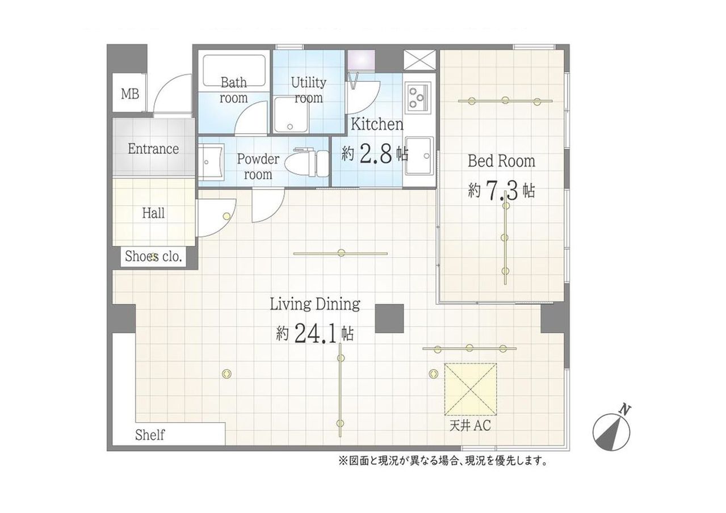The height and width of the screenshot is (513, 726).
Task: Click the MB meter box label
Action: click(130, 94)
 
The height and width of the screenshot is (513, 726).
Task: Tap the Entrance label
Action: click(153, 149)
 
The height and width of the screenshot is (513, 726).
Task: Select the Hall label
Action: click(153, 213)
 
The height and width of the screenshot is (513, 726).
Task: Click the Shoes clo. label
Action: click(153, 256)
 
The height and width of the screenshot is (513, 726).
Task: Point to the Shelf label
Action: click(150, 435)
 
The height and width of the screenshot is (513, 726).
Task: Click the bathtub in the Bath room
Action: click(234, 70)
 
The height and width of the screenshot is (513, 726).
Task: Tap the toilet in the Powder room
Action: click(307, 163)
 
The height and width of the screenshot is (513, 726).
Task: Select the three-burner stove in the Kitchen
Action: click(417, 98)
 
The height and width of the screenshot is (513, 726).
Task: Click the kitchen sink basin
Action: click(419, 157)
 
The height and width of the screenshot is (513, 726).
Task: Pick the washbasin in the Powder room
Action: click(211, 162)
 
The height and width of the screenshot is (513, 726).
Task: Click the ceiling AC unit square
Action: click(470, 389)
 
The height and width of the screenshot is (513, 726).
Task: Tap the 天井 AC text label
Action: click(470, 426)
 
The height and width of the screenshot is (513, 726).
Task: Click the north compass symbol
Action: click(611, 431)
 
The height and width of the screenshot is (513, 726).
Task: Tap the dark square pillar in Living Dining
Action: click(389, 318)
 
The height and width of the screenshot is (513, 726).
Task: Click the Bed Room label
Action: click(501, 161)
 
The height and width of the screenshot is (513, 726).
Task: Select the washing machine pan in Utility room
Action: click(291, 115)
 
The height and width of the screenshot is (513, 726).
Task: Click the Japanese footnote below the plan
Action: click(443, 460)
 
